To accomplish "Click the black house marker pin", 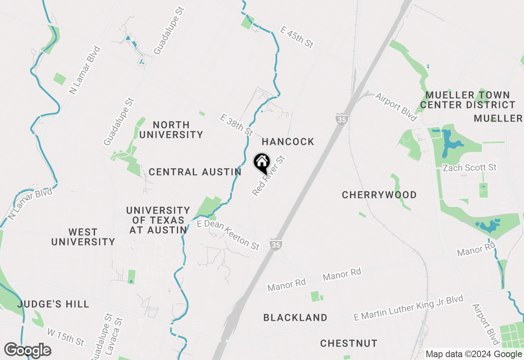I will point(262,163).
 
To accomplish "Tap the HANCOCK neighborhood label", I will point(288,142).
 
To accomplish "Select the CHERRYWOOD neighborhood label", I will point(379,195).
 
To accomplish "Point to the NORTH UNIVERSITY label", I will point(171,130).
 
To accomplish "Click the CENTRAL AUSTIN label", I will point(195,172).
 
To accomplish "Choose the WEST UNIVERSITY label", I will point(83,237).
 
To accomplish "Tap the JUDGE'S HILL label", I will point(53,304).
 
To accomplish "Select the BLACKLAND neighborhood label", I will point(295,317).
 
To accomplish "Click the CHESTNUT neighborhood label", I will point(349,343).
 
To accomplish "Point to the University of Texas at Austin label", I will point(158,220).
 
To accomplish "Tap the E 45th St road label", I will point(297,37).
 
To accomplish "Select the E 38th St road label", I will point(236,125).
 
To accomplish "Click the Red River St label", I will point(268,175).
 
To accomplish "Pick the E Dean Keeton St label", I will point(228,235).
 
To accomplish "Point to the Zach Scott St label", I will point(470,167).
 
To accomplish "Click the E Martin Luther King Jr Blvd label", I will point(408,308).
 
